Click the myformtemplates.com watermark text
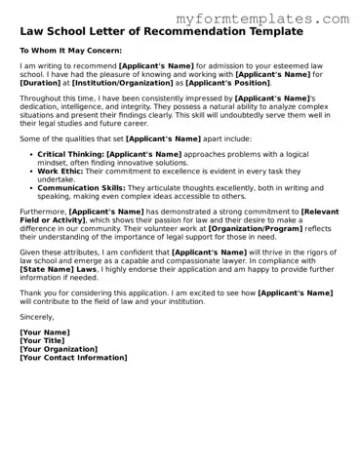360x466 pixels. (x=262, y=19)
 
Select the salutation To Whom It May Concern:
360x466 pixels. (x=71, y=49)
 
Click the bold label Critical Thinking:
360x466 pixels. (x=69, y=154)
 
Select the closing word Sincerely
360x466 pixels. (x=37, y=317)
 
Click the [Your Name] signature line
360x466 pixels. (x=45, y=332)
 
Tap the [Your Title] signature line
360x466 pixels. (x=45, y=340)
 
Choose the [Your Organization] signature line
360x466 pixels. (x=59, y=349)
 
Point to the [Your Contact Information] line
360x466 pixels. (x=73, y=358)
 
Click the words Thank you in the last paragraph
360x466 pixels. (x=37, y=292)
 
